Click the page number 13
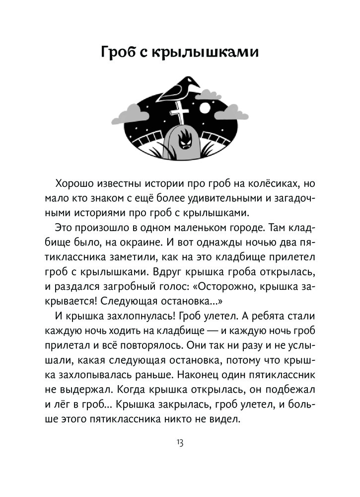click(x=180, y=442)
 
